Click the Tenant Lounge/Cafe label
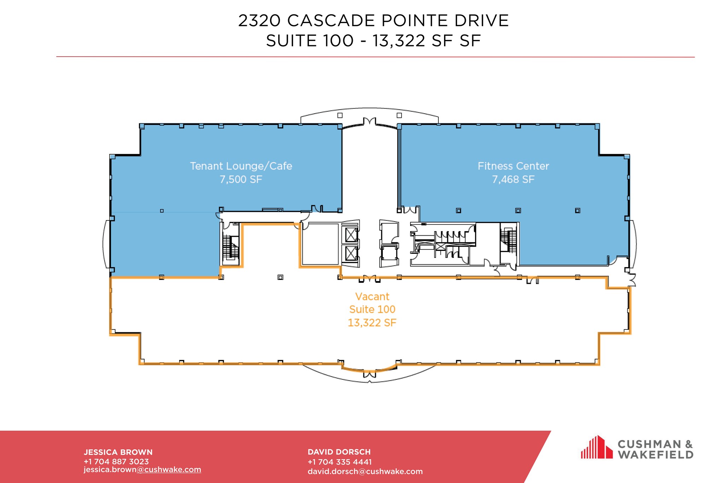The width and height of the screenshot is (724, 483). tap(241, 166)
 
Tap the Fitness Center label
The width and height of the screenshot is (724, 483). tap(513, 166)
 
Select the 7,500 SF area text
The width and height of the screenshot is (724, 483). tap(241, 179)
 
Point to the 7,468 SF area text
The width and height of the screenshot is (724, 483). tap(513, 179)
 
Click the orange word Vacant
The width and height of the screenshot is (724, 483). tap(372, 297)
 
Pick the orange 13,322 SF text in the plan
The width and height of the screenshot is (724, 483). tap(372, 323)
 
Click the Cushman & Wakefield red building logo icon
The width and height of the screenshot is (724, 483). tap(597, 447)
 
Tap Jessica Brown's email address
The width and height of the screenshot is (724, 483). tap(142, 470)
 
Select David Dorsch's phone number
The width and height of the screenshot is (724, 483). tap(340, 462)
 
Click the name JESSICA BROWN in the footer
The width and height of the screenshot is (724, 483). tap(118, 452)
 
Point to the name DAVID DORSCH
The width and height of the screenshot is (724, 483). tap(339, 452)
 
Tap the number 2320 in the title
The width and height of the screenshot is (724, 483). tap(259, 21)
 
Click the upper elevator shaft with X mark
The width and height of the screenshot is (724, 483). tap(351, 235)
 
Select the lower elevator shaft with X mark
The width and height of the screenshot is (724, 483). tap(351, 253)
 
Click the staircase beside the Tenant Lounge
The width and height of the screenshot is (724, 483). tap(231, 247)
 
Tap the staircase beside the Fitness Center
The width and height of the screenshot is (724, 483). tap(509, 241)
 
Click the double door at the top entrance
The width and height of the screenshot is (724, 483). tap(369, 122)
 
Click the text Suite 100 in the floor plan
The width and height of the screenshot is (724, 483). tap(372, 310)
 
